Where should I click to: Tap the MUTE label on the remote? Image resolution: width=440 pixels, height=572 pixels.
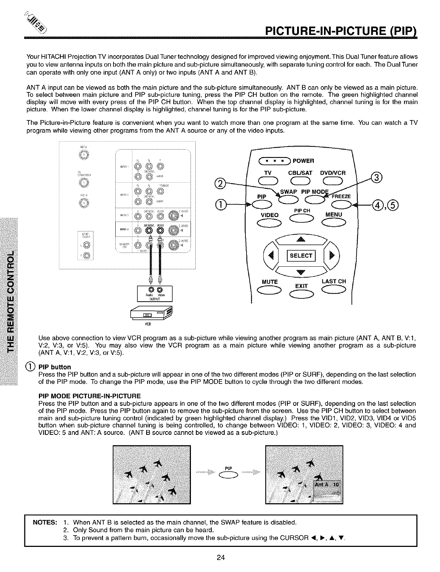269,281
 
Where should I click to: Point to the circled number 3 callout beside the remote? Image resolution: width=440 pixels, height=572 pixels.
376,178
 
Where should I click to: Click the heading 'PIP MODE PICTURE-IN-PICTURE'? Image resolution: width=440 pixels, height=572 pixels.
89,396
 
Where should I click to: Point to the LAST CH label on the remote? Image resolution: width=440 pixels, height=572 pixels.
333,281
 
